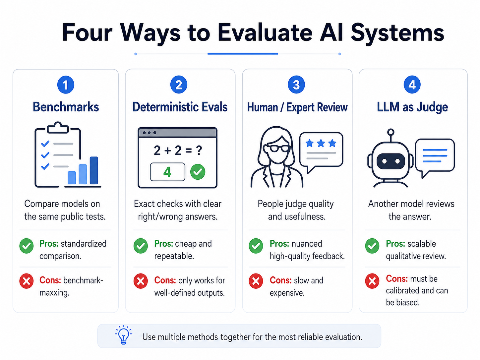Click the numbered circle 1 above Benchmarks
(66, 85)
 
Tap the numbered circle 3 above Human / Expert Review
(296, 85)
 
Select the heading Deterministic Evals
(180, 107)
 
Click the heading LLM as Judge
(412, 107)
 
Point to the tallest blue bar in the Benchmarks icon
(94, 170)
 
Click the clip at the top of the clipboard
(58, 128)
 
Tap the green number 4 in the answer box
(167, 172)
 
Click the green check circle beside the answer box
(198, 172)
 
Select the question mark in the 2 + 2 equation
(199, 150)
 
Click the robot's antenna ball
(390, 132)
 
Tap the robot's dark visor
(391, 161)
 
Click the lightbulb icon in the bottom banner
(124, 335)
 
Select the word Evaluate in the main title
(265, 33)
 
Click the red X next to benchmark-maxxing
(27, 281)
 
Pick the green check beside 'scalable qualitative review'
(372, 246)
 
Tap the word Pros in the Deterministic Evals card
(163, 244)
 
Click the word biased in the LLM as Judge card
(408, 302)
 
